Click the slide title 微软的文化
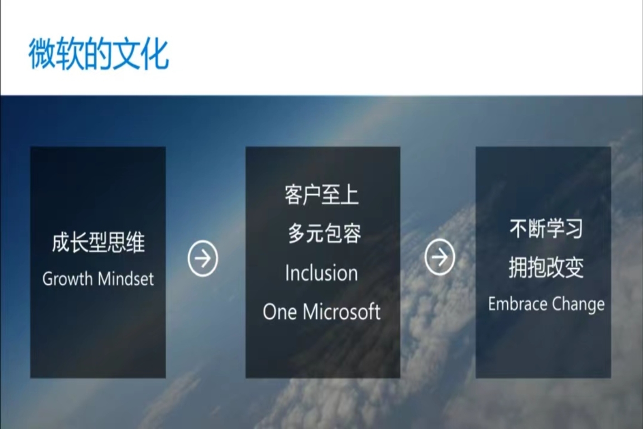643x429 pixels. pos(98,54)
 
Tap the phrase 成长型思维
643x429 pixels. pos(98,243)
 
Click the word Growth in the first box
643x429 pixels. pos(68,279)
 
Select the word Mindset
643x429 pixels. pos(126,279)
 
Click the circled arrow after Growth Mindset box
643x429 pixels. pos(203,258)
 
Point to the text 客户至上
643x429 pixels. pos(321,195)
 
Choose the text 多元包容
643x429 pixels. pos(324,233)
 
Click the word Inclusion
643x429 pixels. pos(321,273)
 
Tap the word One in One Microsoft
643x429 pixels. pos(280,311)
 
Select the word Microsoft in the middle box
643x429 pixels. pos(342,311)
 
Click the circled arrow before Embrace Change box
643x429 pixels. pos(440,257)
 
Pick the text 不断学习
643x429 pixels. pos(546,228)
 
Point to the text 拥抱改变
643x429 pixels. pos(546,268)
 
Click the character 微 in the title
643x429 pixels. pos(43,54)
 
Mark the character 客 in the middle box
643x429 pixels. pos(294,195)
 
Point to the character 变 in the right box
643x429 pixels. pos(574,268)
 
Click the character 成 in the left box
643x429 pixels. pos(61,243)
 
